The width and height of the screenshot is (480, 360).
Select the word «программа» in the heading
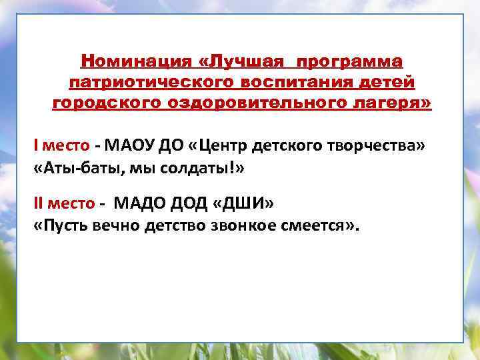[x=350, y=62]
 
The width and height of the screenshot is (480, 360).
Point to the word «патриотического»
[x=144, y=83]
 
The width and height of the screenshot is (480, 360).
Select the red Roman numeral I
[x=37, y=146]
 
